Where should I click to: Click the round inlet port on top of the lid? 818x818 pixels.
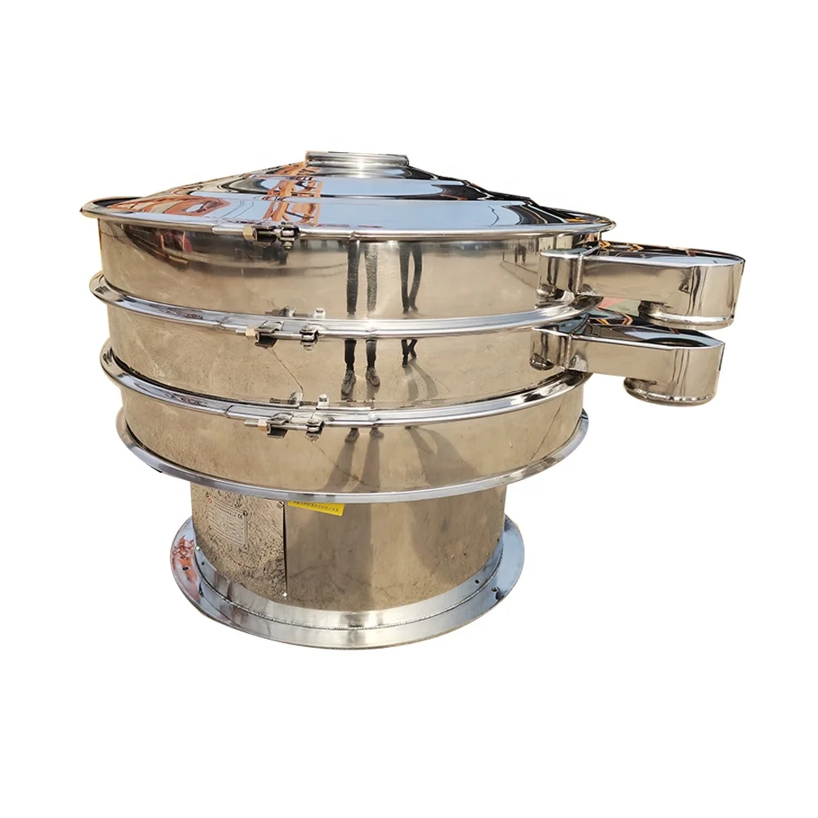(356, 160)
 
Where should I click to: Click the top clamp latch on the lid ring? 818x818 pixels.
(270, 234)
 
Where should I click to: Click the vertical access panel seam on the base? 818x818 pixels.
(285, 548)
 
